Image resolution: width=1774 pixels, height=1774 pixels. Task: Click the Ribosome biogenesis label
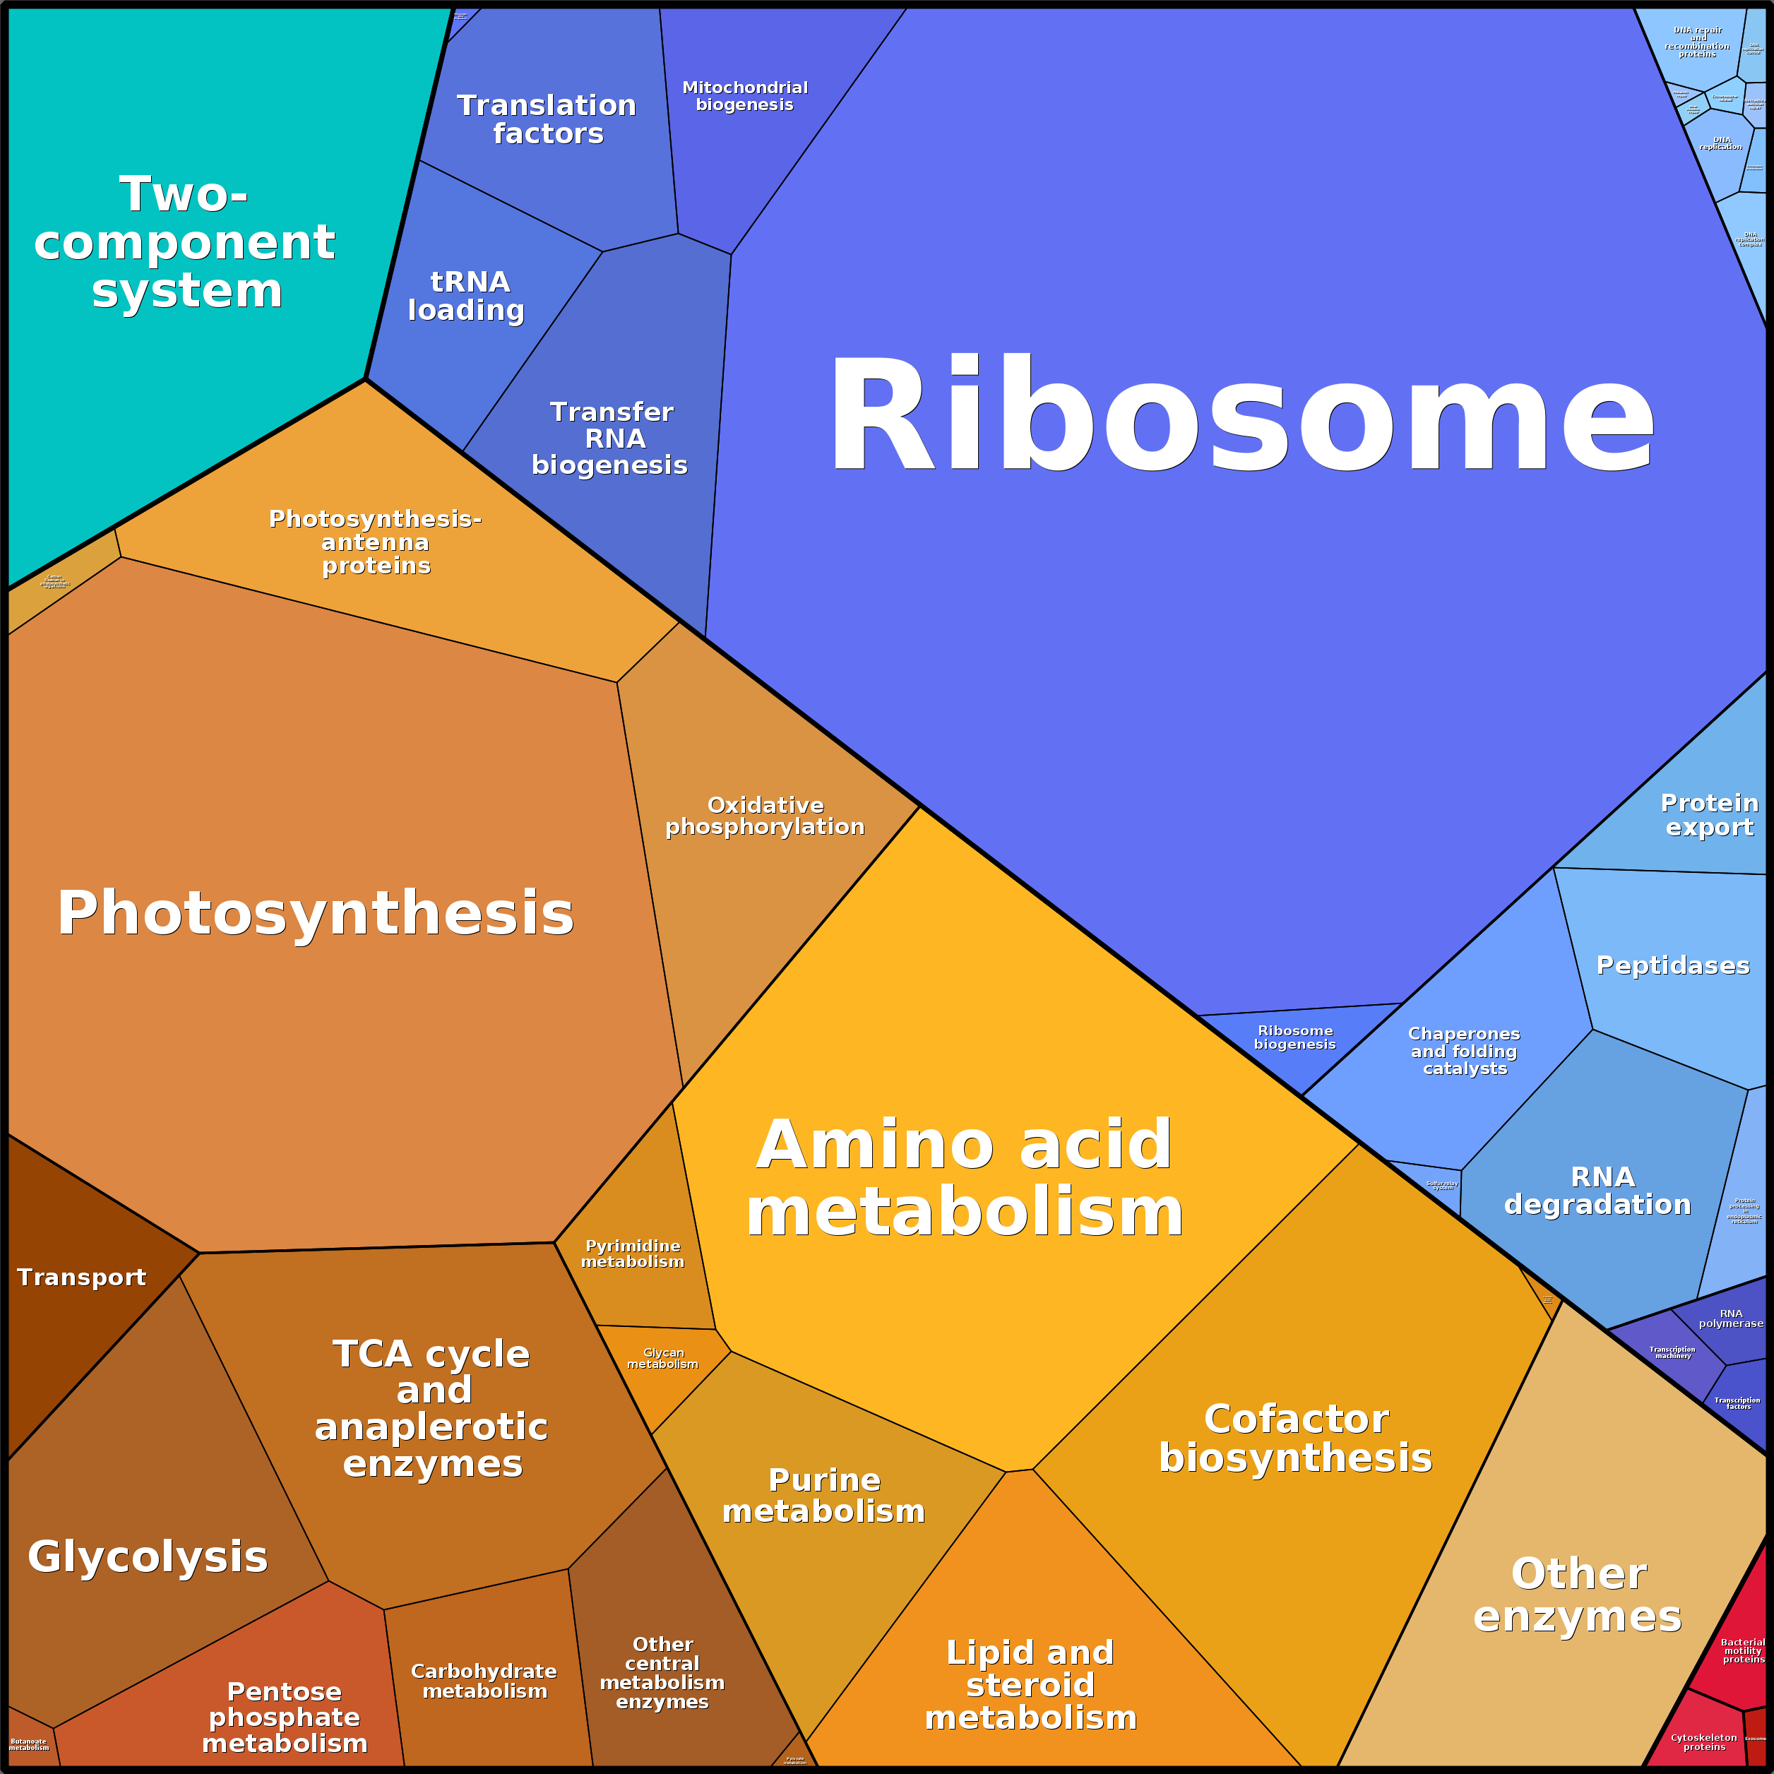(1294, 1037)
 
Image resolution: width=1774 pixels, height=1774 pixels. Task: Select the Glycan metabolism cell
(663, 1359)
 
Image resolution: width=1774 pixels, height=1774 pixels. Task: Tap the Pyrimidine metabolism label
(633, 1254)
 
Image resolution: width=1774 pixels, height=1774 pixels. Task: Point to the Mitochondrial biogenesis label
(744, 95)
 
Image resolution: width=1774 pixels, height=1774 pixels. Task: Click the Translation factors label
(547, 119)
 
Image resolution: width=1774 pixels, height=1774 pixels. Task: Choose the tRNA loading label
(468, 296)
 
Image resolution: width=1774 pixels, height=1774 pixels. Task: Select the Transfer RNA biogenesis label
(611, 438)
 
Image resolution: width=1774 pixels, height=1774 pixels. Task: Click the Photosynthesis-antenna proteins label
(376, 542)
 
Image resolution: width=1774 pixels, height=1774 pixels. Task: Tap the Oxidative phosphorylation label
(765, 816)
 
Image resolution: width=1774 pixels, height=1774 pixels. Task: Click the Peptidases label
(1673, 965)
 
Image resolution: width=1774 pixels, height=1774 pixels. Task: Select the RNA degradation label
(1597, 1190)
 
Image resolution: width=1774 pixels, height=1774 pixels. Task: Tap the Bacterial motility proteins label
(1742, 1650)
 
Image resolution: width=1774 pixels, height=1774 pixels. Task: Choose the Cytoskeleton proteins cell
(1704, 1742)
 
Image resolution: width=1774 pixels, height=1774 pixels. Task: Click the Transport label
(82, 1278)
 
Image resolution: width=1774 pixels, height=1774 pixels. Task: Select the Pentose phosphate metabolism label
(285, 1717)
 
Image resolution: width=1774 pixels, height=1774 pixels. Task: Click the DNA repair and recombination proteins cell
(1697, 42)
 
